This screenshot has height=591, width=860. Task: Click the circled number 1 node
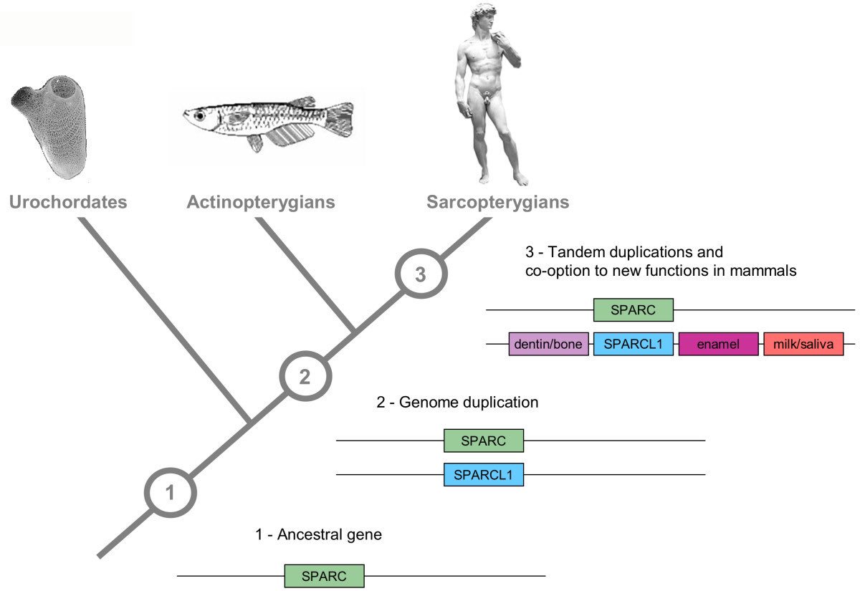pos(171,493)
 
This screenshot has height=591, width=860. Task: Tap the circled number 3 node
pos(421,274)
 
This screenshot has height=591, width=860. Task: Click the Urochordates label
pos(68,202)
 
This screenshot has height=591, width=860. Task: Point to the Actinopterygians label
pos(261,202)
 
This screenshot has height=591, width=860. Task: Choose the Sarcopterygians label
pos(497,202)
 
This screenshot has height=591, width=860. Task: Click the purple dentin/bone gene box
pos(548,345)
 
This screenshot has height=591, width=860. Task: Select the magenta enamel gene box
pos(718,345)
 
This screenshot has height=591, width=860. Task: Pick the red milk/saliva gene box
pos(803,345)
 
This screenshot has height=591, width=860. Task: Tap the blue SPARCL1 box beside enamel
pos(633,345)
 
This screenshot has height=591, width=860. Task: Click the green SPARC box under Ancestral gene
pos(324,576)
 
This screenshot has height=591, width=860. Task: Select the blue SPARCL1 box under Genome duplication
pos(484,474)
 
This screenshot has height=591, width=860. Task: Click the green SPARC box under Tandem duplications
pos(634,310)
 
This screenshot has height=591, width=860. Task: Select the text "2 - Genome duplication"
pos(457,403)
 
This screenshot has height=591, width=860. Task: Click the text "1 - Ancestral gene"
pos(318,534)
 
